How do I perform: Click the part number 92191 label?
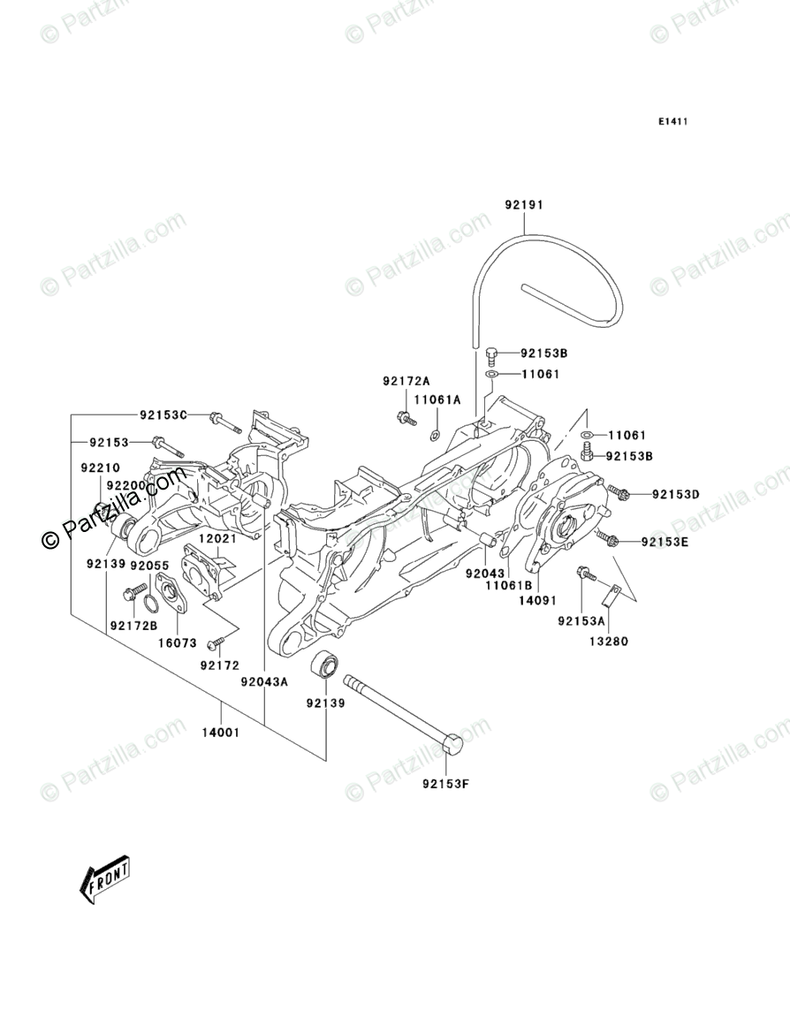523,204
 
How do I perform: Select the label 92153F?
444,782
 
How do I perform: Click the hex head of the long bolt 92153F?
452,745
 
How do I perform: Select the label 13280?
611,642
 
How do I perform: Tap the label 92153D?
676,494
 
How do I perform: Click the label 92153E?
664,541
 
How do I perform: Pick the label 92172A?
406,381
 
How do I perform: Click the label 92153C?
163,414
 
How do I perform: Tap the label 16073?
178,643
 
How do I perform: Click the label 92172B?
133,626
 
